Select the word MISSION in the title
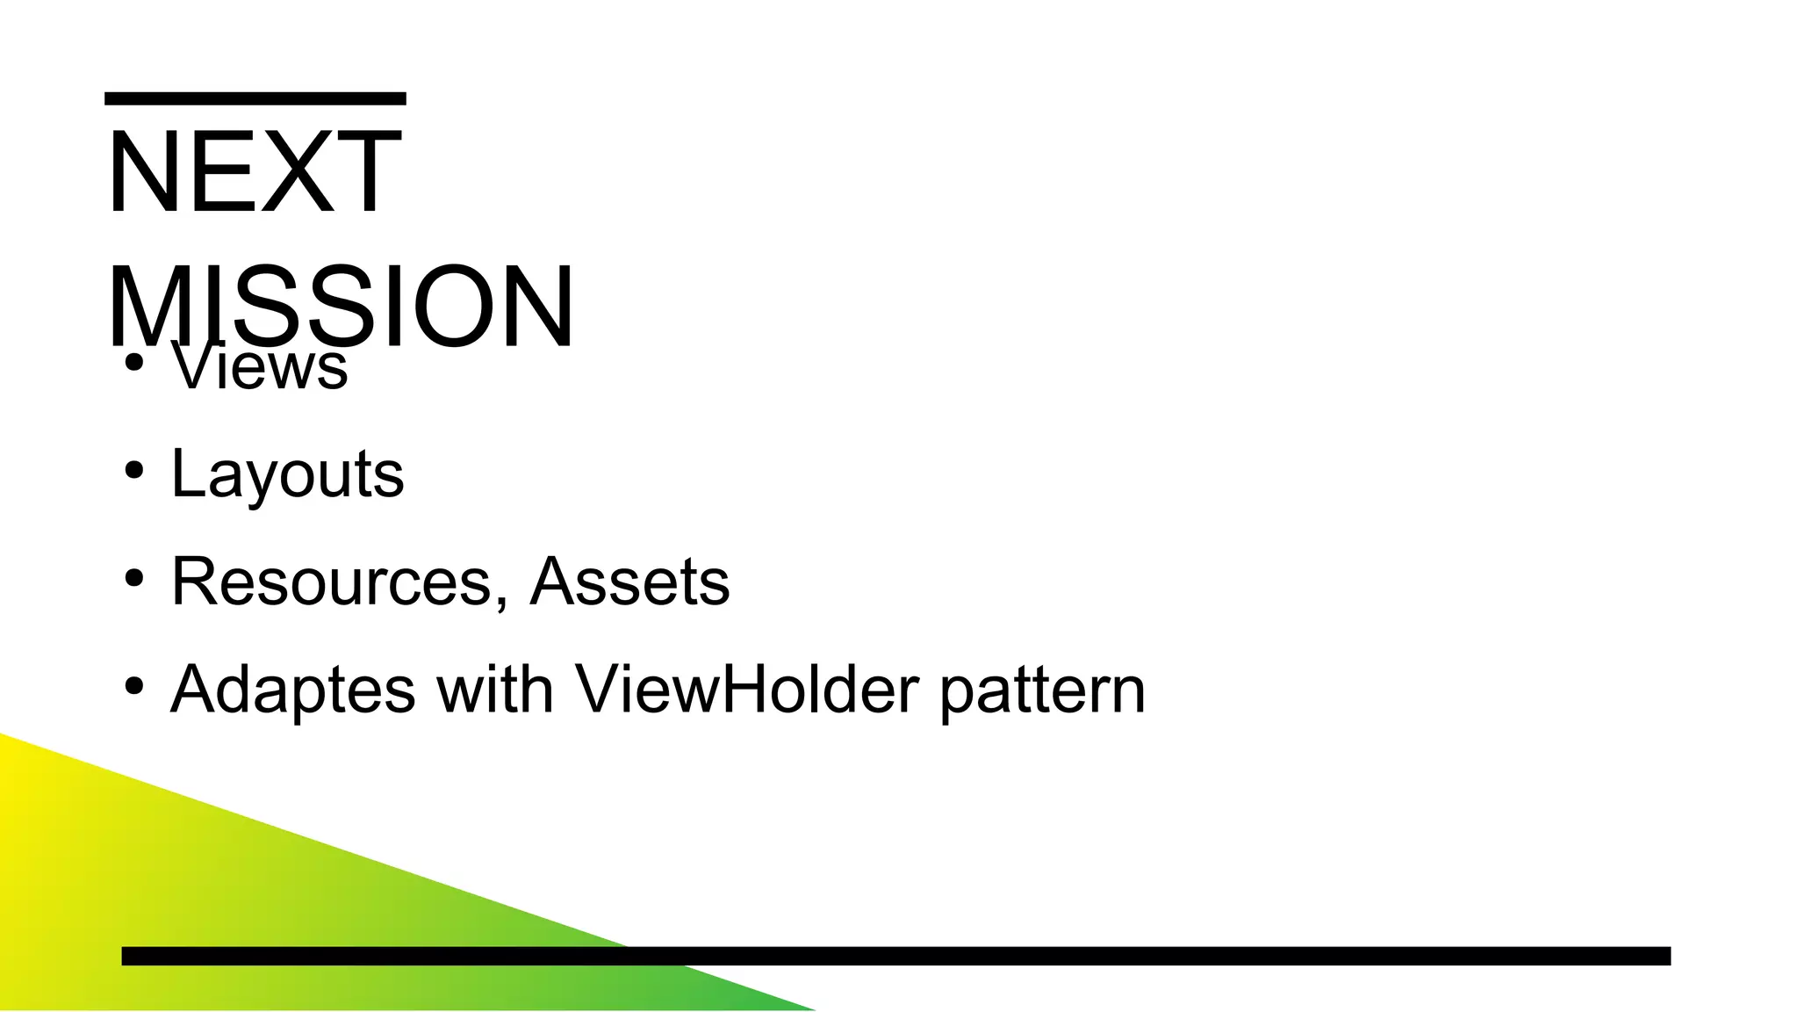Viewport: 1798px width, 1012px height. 341,307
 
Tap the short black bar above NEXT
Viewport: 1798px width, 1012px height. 255,98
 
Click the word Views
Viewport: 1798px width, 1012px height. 260,366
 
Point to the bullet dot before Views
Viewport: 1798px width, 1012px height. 133,363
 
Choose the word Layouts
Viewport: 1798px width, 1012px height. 287,474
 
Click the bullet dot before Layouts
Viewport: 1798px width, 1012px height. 133,471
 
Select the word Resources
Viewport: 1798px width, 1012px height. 331,582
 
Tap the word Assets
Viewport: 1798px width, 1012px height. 629,582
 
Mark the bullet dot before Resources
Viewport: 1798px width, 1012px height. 133,579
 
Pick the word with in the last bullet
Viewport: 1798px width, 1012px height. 495,689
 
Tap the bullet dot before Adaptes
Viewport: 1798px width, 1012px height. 133,686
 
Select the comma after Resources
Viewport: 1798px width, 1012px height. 501,601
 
